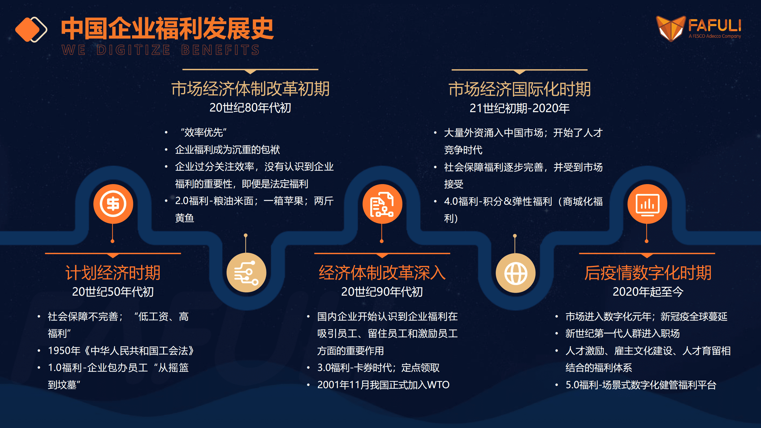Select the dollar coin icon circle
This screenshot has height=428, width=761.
pos(113,204)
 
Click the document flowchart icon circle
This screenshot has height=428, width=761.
pos(382,204)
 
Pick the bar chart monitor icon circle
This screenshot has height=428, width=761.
pos(647,204)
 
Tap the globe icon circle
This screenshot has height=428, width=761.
pos(515,273)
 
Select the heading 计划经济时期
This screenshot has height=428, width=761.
pos(113,272)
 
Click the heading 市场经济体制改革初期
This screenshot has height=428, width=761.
pos(250,89)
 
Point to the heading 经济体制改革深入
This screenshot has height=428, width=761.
pos(382,272)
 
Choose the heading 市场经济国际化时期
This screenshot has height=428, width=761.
pos(520,89)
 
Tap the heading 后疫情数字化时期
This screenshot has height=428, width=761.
pos(648,272)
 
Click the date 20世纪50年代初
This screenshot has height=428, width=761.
pos(113,291)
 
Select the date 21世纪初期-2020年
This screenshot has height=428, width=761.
pos(520,108)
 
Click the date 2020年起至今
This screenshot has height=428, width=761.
pos(648,291)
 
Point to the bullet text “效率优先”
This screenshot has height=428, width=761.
pos(203,132)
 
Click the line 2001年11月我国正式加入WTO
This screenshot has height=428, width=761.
pos(383,385)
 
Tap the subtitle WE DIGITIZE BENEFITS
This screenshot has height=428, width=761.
pos(161,50)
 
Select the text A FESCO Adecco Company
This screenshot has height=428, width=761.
pos(715,36)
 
